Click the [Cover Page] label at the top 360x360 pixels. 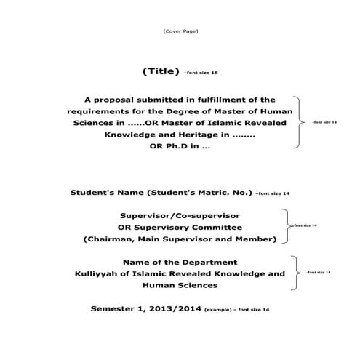tap(180, 31)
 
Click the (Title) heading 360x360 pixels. tap(161, 71)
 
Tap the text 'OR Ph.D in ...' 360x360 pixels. tap(180, 146)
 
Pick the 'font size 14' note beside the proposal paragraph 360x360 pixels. tap(324, 122)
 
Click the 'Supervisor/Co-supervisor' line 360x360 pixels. tap(180, 215)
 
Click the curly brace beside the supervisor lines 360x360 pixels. tap(285, 226)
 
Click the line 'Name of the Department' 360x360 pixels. tap(180, 262)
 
